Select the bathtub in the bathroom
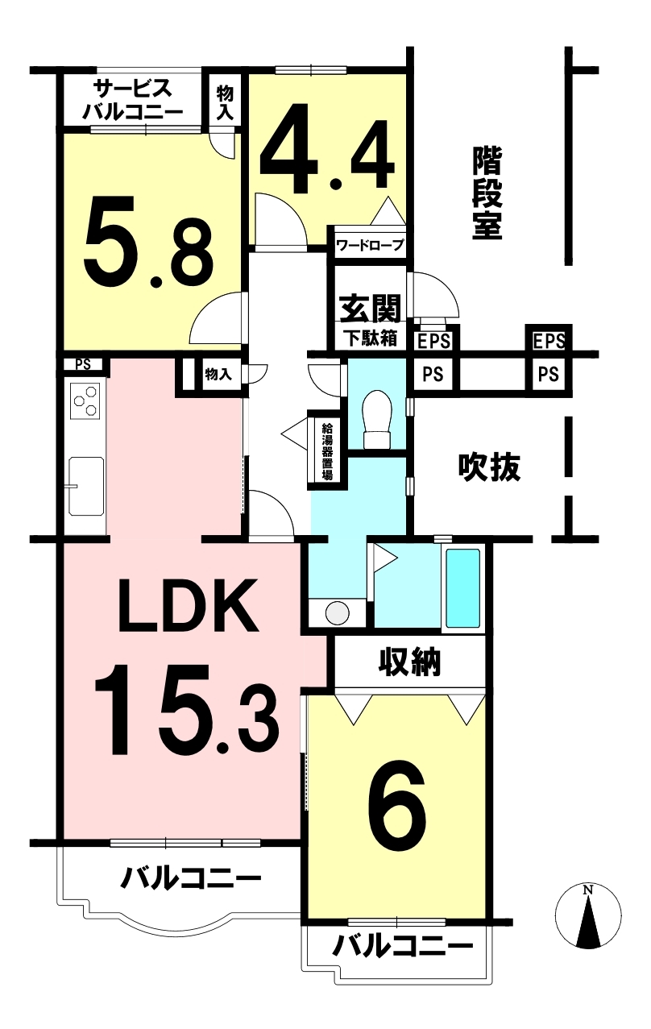pyautogui.click(x=463, y=588)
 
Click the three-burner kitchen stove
pyautogui.click(x=85, y=401)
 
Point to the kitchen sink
pyautogui.click(x=86, y=487)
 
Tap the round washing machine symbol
pyautogui.click(x=338, y=612)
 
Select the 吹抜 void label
pyautogui.click(x=489, y=467)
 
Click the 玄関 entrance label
pyautogui.click(x=371, y=308)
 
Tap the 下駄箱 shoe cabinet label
pyautogui.click(x=371, y=339)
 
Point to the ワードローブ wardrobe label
pyautogui.click(x=371, y=245)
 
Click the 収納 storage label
pyautogui.click(x=410, y=662)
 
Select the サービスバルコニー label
pyautogui.click(x=133, y=100)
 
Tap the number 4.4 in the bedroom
pyautogui.click(x=327, y=148)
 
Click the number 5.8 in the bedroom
pyautogui.click(x=148, y=241)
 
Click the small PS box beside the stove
pyautogui.click(x=83, y=365)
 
